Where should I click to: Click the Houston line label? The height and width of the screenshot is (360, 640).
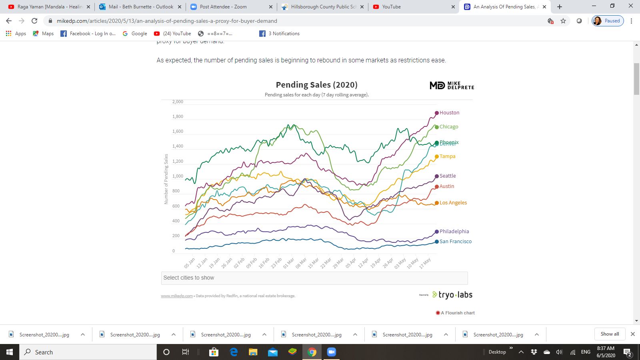449,113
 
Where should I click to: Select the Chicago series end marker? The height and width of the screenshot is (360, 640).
437,127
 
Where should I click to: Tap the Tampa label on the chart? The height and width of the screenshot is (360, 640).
447,156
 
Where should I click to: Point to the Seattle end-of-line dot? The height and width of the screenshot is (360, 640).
437,176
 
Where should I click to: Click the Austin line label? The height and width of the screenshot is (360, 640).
447,186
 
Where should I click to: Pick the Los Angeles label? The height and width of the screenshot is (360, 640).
453,203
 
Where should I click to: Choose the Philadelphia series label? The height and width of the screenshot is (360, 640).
454,232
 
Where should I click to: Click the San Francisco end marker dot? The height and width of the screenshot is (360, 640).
437,242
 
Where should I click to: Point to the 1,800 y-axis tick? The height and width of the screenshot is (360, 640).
178,117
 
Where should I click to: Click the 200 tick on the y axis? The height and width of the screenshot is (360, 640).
176,236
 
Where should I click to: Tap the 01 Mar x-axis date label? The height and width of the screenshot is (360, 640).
288,263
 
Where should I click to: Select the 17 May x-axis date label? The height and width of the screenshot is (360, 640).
425,263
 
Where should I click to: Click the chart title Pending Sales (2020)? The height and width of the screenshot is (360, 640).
316,85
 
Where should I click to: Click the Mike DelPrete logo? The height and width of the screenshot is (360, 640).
452,85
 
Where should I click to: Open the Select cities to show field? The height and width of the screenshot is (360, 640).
314,278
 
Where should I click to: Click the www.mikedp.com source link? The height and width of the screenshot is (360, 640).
177,296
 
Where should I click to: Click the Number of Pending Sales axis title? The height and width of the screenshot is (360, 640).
166,179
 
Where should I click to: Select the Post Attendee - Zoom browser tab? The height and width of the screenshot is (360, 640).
223,7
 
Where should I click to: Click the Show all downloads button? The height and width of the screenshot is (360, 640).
610,334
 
